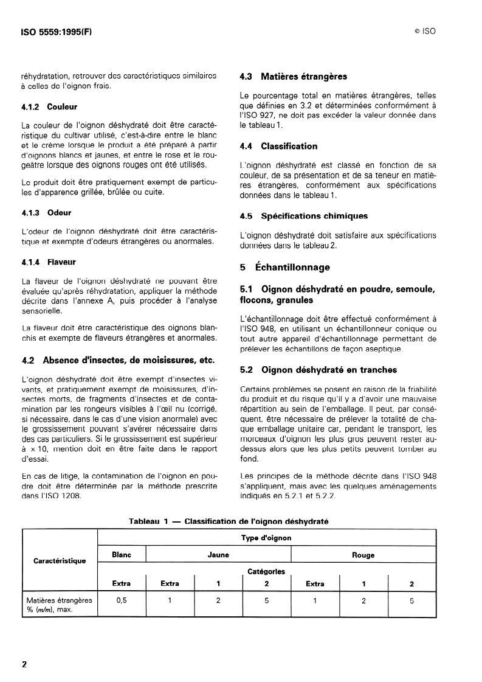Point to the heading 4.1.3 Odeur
pos(46,213)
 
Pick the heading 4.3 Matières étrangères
pos(294,77)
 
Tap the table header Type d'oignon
pos(267,538)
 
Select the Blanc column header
pos(122,555)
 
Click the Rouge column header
pos(363,555)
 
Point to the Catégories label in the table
pos(267,571)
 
